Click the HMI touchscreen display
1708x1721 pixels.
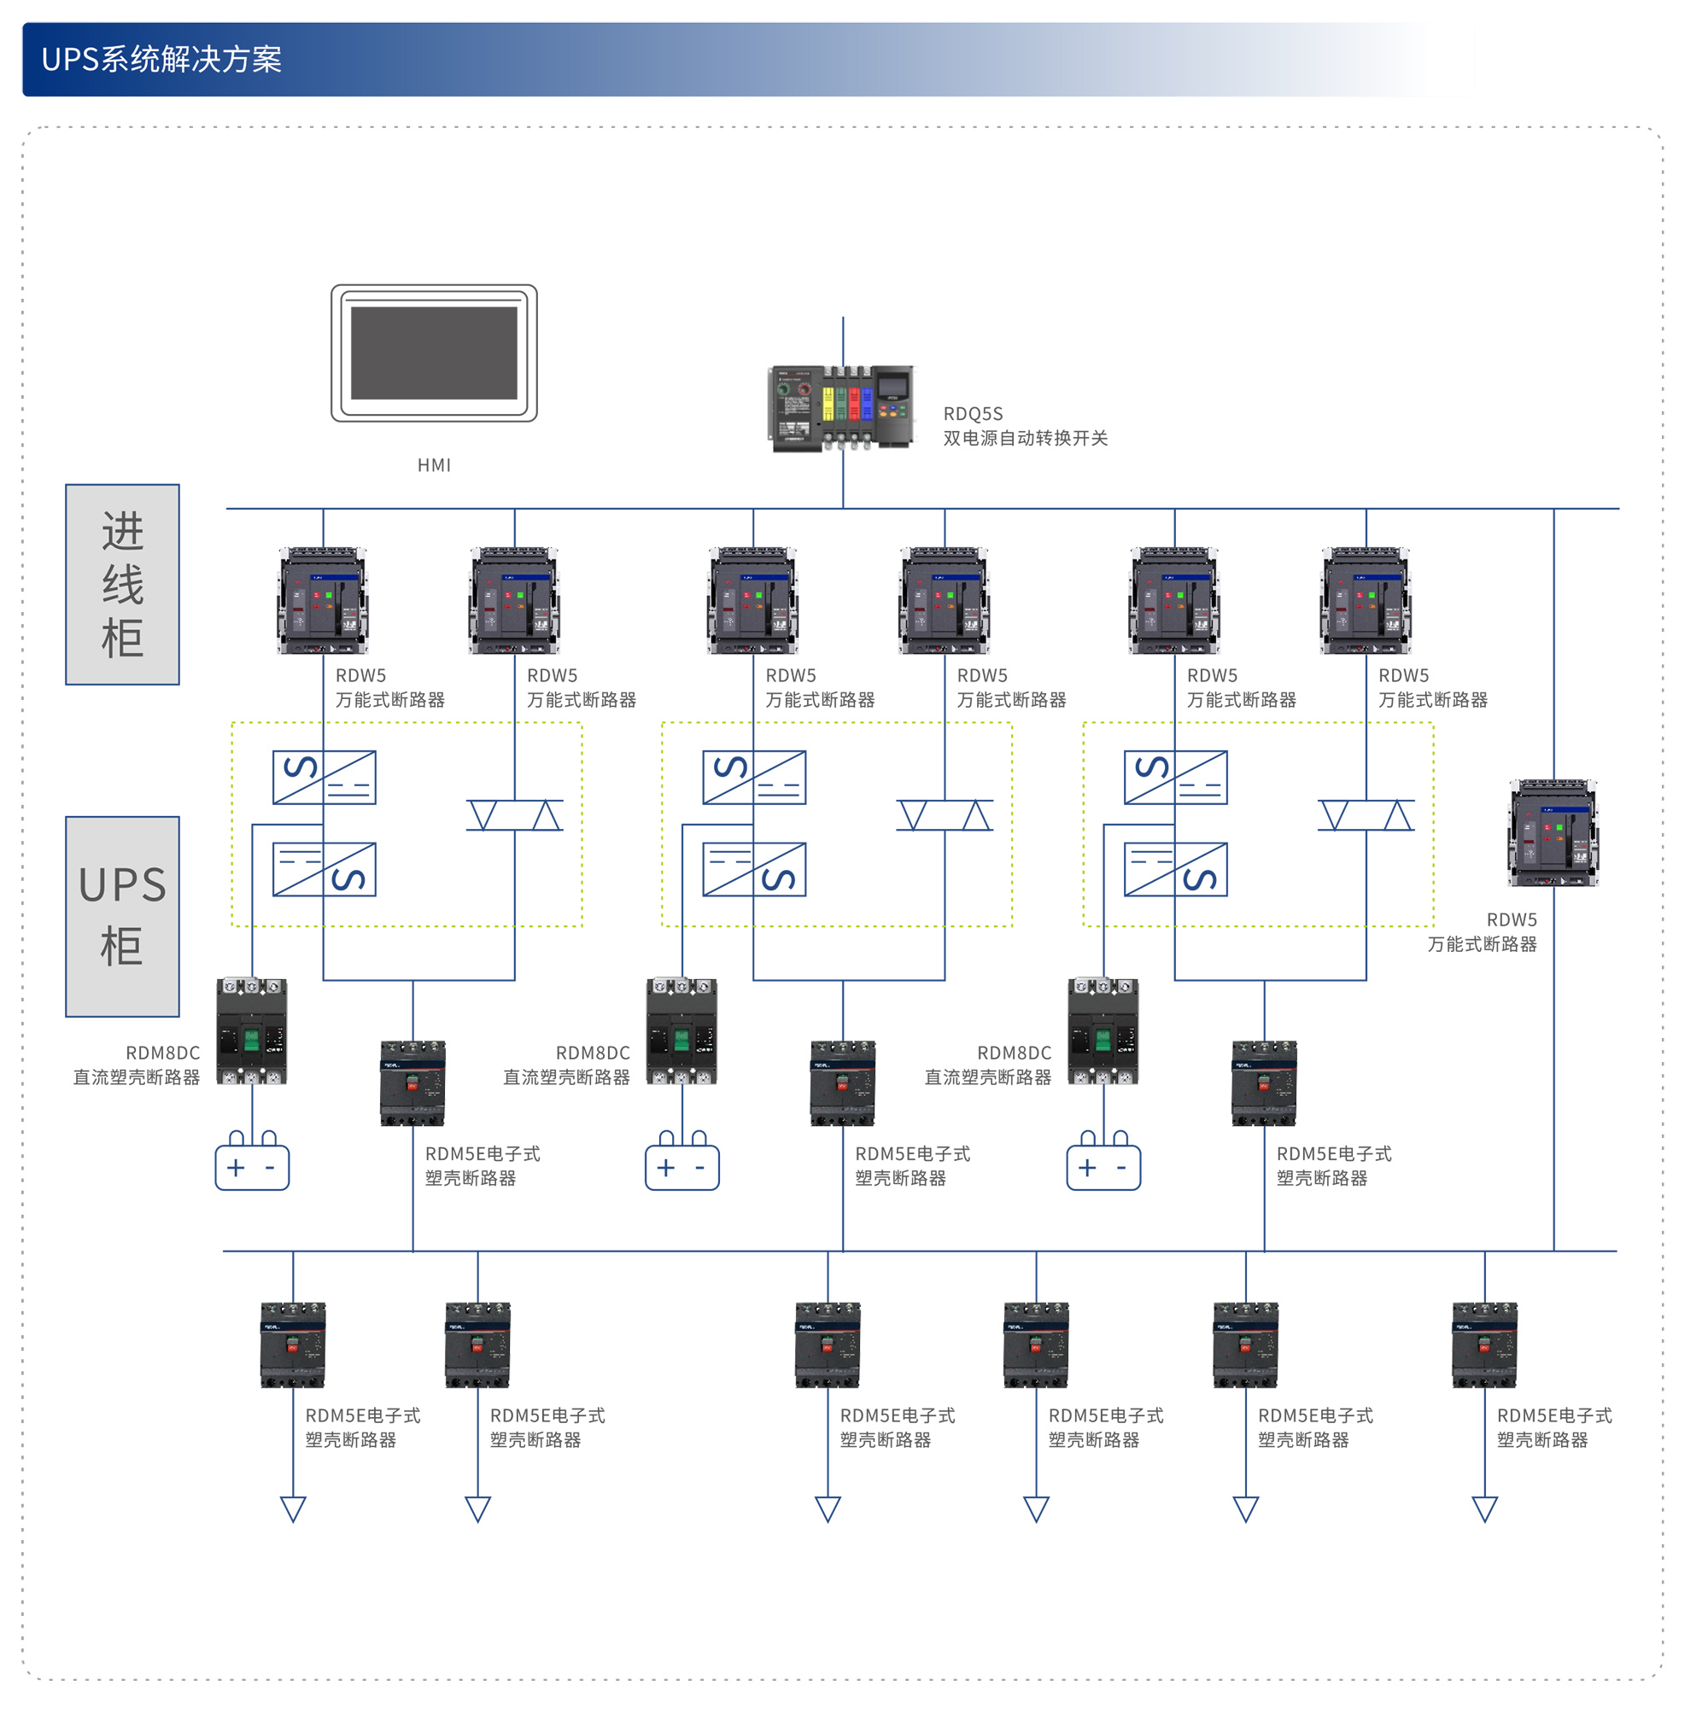(434, 353)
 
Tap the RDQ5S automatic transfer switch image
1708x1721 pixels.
(841, 407)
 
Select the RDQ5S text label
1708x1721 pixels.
(972, 413)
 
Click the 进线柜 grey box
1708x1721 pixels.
(122, 585)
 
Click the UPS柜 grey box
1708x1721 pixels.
(122, 916)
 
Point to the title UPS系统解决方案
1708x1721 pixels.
(161, 60)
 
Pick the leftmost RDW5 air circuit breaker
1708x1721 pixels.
(323, 599)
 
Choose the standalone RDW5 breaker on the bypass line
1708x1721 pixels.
(1552, 832)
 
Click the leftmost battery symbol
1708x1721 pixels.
(252, 1163)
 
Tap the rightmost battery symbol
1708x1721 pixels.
(1103, 1163)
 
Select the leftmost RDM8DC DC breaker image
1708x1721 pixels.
(252, 1030)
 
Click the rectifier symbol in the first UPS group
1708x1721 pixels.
(324, 777)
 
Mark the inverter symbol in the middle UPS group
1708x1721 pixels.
(754, 868)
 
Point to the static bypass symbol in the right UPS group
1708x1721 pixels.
(1365, 815)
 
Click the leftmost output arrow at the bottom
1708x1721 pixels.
(293, 1508)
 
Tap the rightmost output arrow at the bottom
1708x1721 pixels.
(1483, 1508)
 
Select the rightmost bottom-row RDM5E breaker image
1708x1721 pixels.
(1483, 1345)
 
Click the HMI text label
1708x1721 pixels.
(434, 465)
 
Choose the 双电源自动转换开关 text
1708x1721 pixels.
(1025, 438)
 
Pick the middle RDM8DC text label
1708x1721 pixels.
(593, 1052)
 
